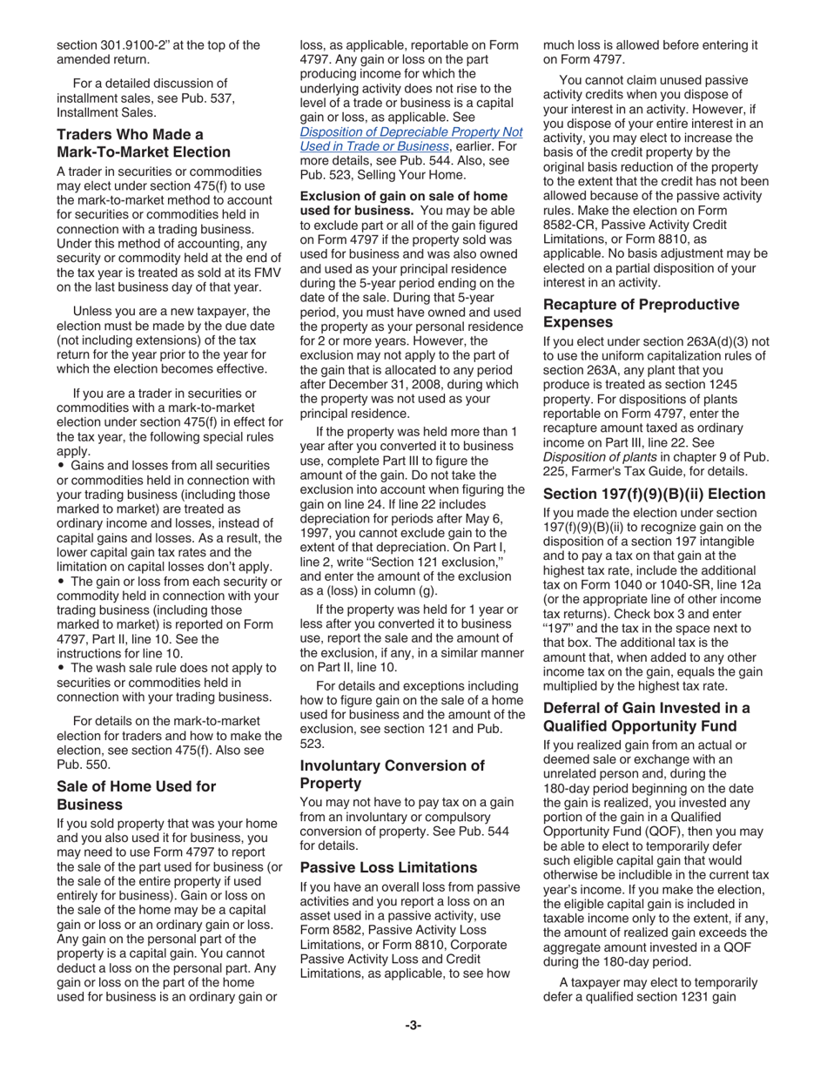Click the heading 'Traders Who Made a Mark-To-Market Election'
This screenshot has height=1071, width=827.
coord(144,143)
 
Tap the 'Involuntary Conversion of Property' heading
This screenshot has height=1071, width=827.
coord(392,774)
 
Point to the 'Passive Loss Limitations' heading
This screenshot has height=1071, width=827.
coord(389,867)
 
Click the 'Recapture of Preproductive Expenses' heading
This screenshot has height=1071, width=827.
coord(641,313)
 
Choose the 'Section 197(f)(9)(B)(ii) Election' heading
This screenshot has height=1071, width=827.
coord(653,490)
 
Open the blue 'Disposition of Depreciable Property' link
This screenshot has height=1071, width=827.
coord(411,139)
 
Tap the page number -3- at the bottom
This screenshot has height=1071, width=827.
coord(413,1025)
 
